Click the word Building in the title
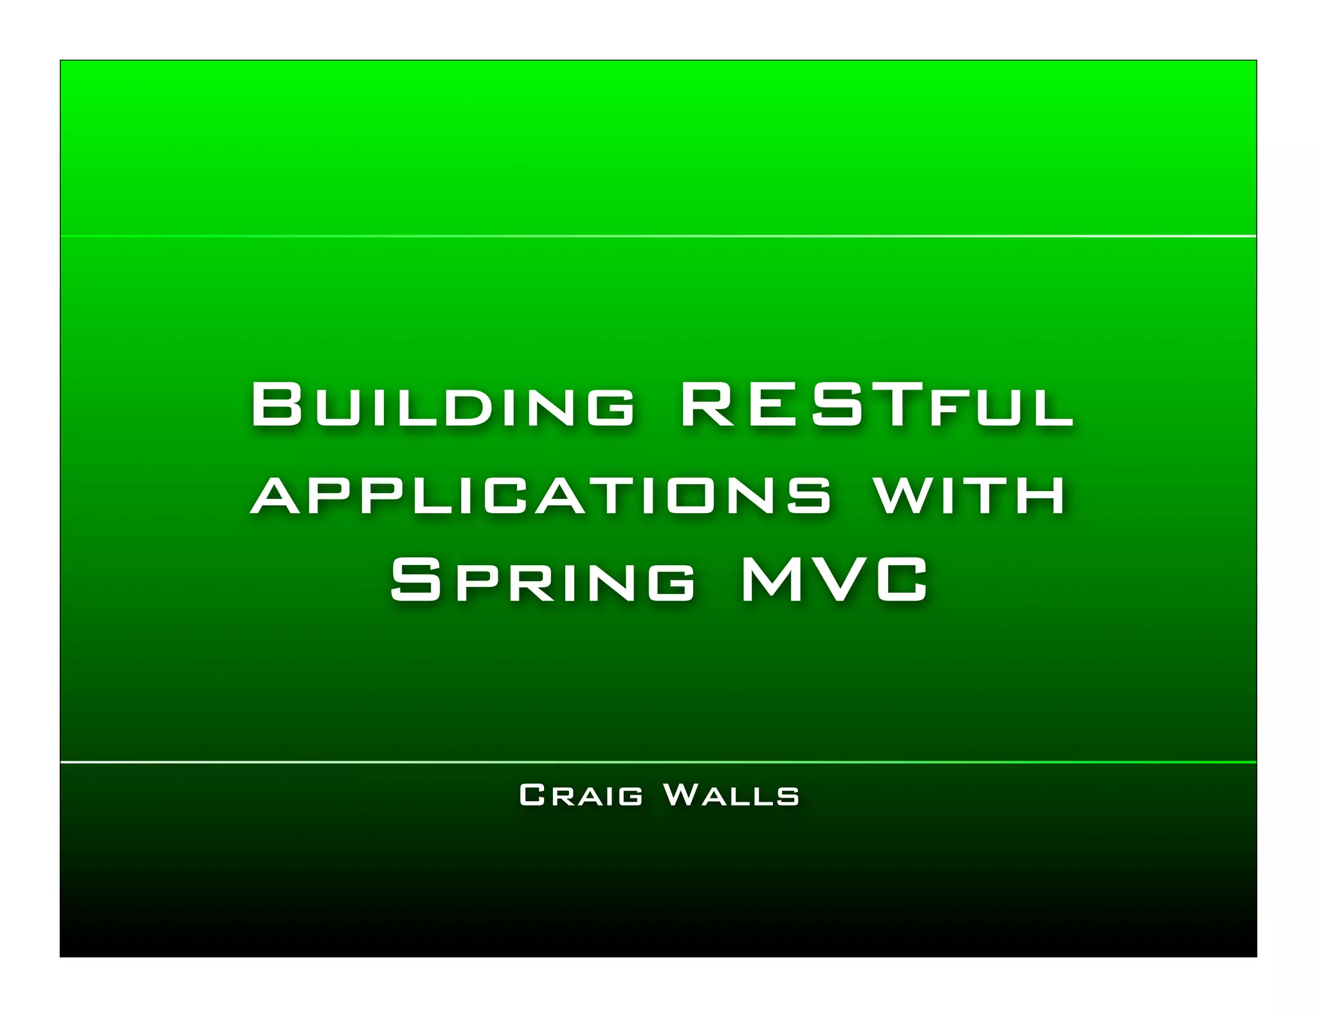[442, 405]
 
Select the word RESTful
[876, 405]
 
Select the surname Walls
[731, 795]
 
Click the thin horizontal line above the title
[658, 237]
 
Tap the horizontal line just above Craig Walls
[658, 762]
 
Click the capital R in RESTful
[706, 405]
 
